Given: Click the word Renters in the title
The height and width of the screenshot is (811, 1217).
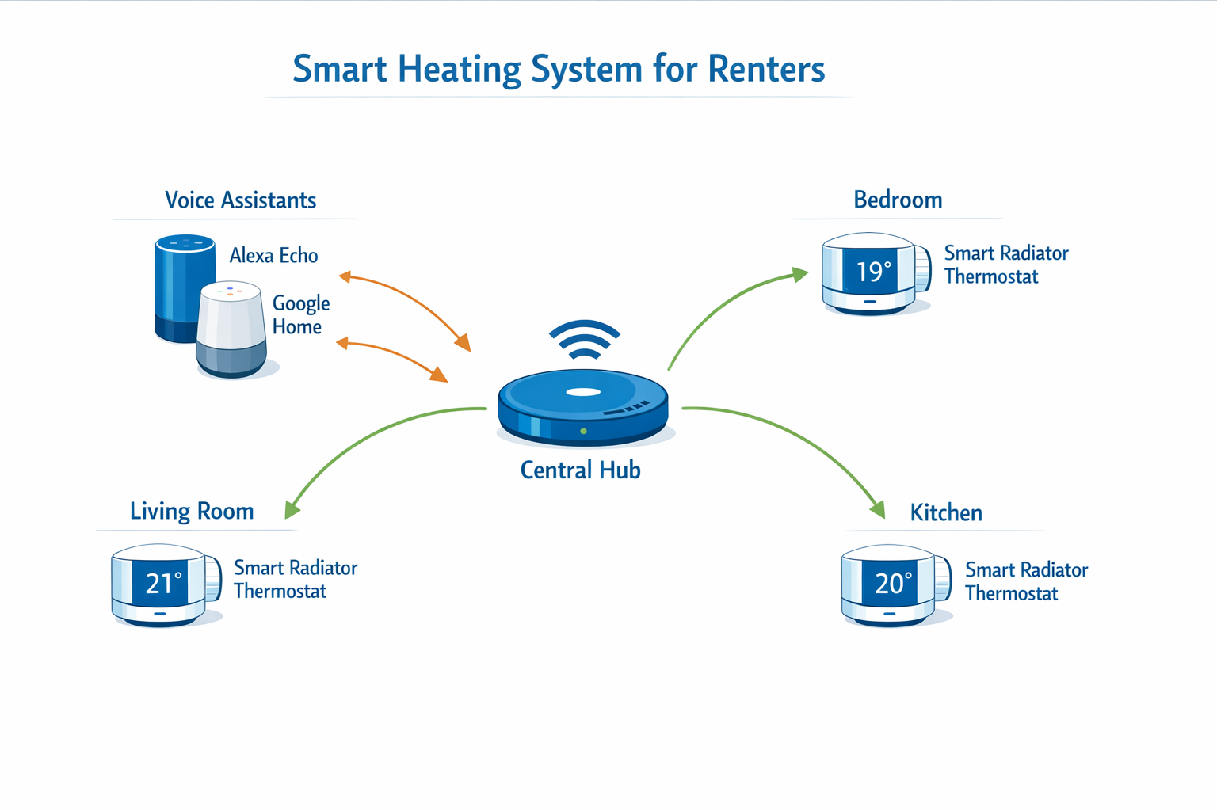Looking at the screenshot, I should pos(765,69).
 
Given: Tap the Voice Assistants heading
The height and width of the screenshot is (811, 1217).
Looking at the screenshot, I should pos(240,200).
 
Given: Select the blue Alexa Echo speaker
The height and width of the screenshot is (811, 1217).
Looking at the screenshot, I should pos(181,277).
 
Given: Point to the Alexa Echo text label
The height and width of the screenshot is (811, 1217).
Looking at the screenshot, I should pos(273,256).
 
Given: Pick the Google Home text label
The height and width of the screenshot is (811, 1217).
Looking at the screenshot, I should pos(300,315).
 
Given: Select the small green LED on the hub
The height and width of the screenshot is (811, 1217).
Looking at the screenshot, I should pos(584,432).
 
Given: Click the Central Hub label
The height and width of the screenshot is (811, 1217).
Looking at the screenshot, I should pos(580,470).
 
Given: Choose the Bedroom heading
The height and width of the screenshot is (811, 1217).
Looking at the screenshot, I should pos(898,200).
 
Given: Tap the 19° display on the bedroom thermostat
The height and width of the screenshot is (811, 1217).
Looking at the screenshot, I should pos(874,272).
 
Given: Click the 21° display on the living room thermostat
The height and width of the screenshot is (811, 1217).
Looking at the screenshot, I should pos(164,584).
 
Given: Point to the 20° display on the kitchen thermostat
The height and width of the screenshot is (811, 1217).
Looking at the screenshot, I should pos(894,584).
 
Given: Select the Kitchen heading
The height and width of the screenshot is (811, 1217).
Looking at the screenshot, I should pos(946,513).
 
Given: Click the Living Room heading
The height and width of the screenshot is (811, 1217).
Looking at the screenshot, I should pos(192,512).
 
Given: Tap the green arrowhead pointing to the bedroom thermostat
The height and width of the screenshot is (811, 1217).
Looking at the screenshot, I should pos(800,275).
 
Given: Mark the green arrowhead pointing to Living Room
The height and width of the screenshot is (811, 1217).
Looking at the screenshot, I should pos(292,508).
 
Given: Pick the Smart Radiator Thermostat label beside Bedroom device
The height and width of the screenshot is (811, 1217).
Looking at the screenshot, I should pos(1005,265).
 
